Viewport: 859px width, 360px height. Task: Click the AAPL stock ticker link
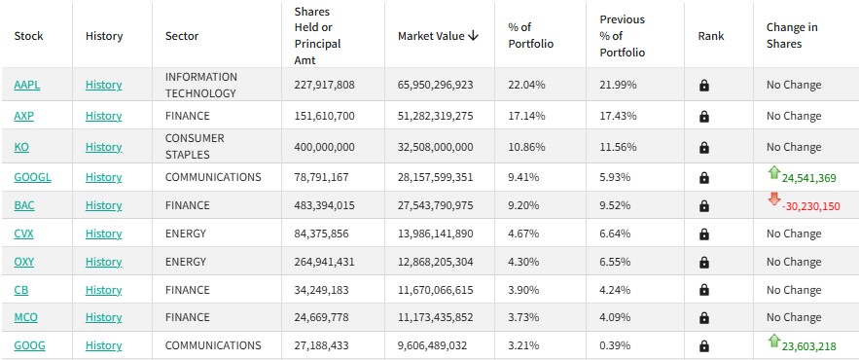(27, 85)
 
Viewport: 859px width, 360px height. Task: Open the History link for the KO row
(103, 147)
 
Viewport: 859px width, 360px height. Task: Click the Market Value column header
(432, 36)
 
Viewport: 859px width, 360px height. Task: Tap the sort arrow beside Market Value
(474, 36)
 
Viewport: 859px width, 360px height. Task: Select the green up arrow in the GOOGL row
(774, 173)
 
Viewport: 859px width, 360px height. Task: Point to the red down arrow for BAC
(774, 198)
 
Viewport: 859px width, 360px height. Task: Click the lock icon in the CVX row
(704, 234)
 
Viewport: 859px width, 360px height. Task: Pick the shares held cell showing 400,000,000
(324, 147)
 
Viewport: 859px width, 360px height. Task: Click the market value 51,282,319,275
(436, 116)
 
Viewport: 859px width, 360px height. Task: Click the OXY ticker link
(24, 262)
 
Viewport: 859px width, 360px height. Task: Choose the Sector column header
(182, 36)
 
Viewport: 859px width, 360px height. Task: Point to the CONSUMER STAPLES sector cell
(195, 146)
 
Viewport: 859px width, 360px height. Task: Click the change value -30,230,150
(810, 206)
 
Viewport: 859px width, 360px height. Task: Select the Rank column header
(711, 36)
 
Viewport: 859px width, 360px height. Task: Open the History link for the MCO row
(103, 317)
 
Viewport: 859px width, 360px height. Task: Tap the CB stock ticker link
(21, 290)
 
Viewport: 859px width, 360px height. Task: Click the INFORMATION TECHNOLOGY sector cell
(201, 85)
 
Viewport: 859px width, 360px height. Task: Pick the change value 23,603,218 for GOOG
(809, 346)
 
